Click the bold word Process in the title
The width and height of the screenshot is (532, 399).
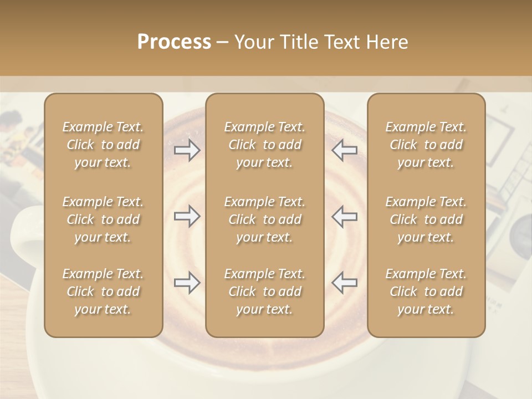(174, 42)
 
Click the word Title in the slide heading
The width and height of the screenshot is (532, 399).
(299, 42)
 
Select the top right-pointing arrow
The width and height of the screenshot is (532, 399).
(187, 150)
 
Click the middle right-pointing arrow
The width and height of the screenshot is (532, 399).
(187, 216)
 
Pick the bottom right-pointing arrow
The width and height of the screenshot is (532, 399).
(187, 283)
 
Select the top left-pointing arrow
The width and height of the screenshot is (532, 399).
(345, 150)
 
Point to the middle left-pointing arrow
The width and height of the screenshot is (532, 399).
(345, 216)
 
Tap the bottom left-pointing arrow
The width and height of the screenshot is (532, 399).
(345, 283)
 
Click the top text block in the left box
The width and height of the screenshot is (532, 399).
(103, 145)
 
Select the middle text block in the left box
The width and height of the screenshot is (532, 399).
(103, 219)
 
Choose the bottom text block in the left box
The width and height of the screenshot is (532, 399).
(103, 291)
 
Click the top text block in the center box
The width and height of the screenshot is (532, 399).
(265, 145)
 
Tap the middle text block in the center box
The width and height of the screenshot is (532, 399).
(265, 219)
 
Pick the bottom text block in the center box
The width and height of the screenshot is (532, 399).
(265, 291)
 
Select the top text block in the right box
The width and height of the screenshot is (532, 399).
(426, 145)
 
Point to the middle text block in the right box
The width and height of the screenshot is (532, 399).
(426, 219)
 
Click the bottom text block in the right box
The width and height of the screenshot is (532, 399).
(426, 291)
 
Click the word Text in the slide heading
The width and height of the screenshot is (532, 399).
(339, 42)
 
